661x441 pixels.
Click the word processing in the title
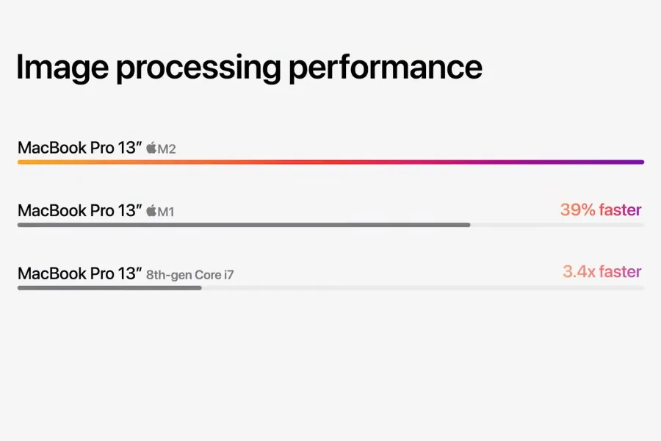198,68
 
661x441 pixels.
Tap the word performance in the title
386,68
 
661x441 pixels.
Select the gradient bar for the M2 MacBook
331,162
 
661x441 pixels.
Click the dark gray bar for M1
244,225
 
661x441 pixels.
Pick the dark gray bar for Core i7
109,288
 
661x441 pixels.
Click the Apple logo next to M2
151,148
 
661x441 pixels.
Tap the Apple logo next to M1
151,211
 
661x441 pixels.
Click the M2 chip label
167,149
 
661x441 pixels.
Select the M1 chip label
166,212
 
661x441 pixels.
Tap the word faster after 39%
621,209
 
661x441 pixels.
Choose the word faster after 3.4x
621,271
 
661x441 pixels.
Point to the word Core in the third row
208,275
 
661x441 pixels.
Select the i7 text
229,275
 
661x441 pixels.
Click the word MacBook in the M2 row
52,148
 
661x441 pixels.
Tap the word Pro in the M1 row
102,210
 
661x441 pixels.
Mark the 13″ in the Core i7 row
130,273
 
